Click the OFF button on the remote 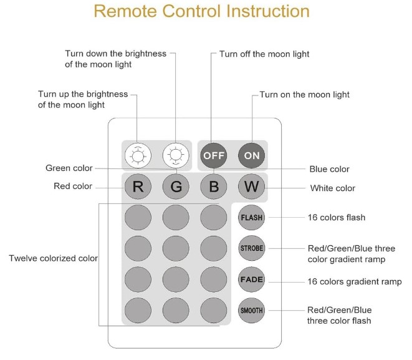point(213,155)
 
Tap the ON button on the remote point(251,155)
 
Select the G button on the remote point(176,187)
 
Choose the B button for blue point(213,187)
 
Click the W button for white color point(251,187)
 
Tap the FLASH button point(251,218)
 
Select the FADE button point(251,279)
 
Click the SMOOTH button point(251,310)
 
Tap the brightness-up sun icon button point(137,155)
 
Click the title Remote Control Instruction point(201,11)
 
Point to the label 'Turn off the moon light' point(264,54)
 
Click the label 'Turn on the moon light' point(304,95)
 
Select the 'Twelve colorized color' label point(53,258)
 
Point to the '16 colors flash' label point(336,218)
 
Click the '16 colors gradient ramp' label point(354,282)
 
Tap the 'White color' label point(332,188)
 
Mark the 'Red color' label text point(73,186)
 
